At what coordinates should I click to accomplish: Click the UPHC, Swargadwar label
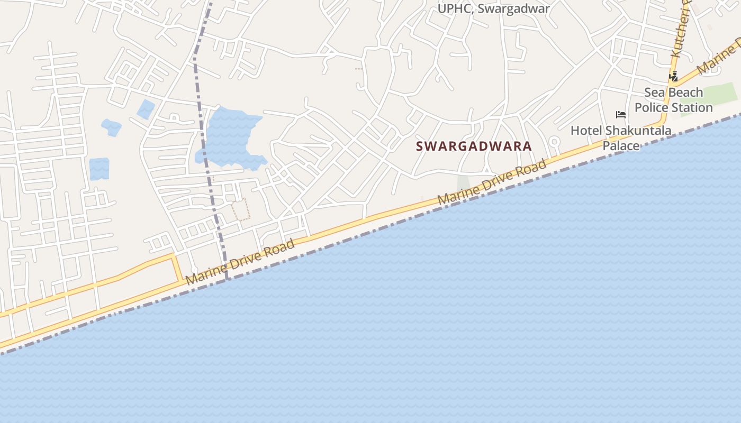493,8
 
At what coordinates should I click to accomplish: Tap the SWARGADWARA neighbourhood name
474,146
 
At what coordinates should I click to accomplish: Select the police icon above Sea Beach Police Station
673,77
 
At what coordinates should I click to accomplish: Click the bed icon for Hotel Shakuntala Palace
620,115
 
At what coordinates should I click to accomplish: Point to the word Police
655,108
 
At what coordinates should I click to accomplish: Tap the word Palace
621,145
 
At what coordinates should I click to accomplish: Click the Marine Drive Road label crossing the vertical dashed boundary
241,262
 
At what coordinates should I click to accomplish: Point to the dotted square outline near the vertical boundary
241,209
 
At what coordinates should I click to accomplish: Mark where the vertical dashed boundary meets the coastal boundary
227,279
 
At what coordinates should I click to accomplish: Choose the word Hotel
586,131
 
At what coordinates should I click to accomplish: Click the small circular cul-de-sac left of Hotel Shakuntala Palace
554,142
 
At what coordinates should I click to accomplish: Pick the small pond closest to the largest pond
146,109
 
